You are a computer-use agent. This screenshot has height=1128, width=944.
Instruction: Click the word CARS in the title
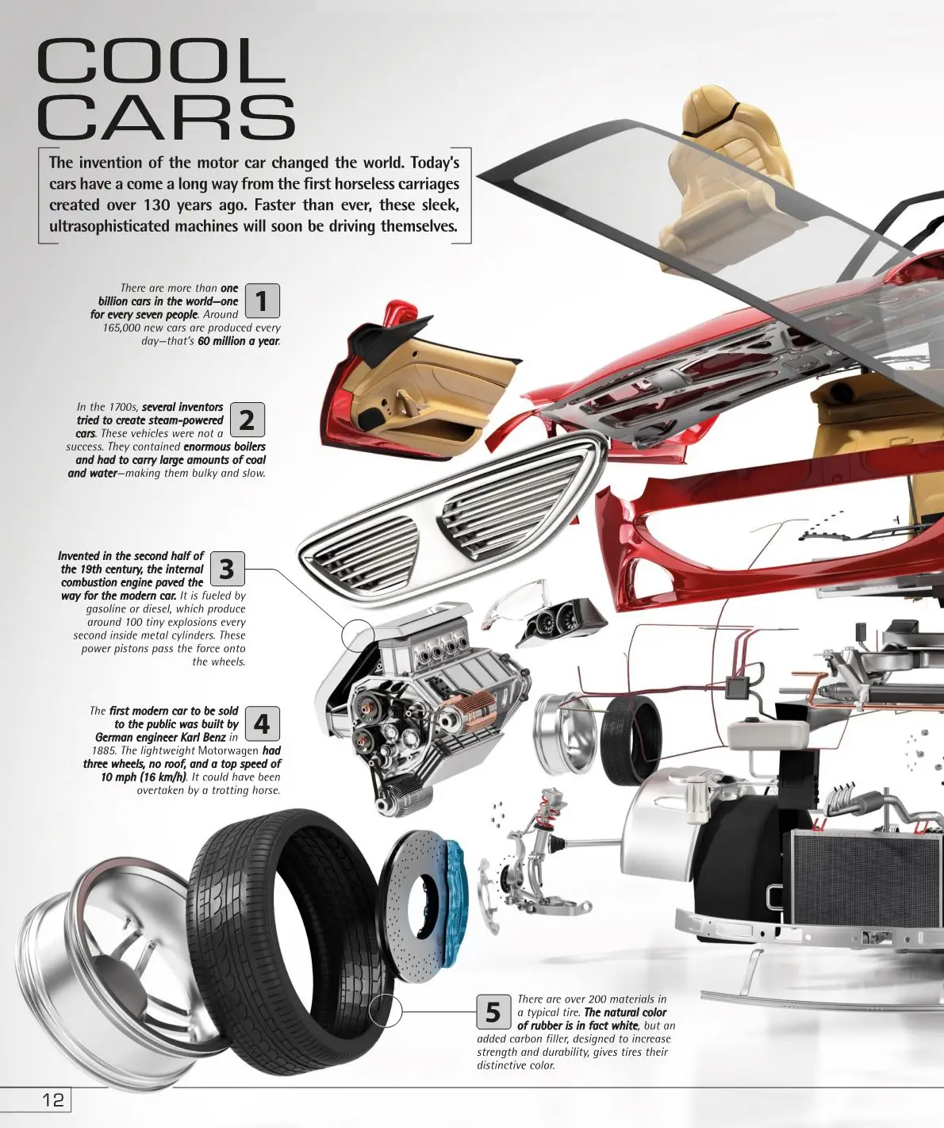coord(166,117)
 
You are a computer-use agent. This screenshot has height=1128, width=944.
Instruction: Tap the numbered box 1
coord(262,301)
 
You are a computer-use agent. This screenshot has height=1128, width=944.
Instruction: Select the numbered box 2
coord(247,420)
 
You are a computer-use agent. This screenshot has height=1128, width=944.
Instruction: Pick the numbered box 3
coord(227,569)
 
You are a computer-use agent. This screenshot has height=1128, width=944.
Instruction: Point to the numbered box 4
coord(262,723)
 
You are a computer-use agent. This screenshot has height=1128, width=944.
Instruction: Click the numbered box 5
coord(493,1012)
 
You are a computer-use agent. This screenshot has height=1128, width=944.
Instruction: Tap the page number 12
coord(53,1099)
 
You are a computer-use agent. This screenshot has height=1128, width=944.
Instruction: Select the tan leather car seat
coord(706,175)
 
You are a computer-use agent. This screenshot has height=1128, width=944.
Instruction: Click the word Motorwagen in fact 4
coord(228,750)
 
